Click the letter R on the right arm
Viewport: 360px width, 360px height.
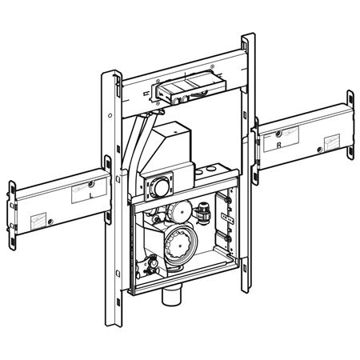click(279, 145)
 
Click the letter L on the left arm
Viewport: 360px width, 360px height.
click(92, 195)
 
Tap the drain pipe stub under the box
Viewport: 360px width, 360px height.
click(172, 297)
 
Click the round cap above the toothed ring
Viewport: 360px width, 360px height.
click(180, 212)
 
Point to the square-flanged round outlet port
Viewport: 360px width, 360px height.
click(159, 186)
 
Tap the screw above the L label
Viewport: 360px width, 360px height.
click(91, 183)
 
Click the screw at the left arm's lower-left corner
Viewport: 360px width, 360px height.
click(50, 222)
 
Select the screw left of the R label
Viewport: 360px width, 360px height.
click(278, 134)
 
